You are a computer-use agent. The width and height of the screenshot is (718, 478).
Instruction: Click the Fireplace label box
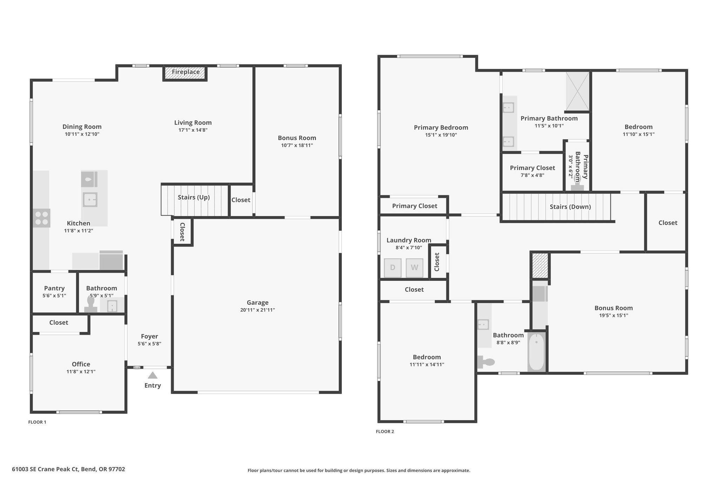click(x=185, y=73)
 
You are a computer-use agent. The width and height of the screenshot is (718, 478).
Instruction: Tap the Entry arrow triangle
click(x=153, y=375)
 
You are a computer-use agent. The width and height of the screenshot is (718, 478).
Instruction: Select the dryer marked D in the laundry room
click(x=393, y=268)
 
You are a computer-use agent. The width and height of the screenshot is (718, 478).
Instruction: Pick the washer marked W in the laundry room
click(x=414, y=268)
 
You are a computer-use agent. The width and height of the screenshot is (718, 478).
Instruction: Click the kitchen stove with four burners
click(x=41, y=218)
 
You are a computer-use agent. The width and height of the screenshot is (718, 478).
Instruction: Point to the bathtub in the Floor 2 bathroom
click(x=536, y=352)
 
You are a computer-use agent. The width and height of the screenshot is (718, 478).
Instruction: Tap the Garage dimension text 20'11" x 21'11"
click(x=258, y=310)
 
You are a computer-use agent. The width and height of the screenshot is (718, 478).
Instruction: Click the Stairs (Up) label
click(x=194, y=198)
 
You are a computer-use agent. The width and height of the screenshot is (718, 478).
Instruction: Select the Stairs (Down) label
click(x=570, y=207)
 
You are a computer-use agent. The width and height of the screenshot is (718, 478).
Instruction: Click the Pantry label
click(x=54, y=288)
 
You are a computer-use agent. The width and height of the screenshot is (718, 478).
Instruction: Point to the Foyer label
click(x=149, y=337)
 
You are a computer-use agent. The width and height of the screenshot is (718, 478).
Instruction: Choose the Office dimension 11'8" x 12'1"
click(x=81, y=372)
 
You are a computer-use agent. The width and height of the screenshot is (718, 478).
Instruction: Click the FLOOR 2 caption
click(x=385, y=431)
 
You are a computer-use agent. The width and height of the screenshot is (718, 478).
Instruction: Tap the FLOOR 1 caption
click(x=37, y=422)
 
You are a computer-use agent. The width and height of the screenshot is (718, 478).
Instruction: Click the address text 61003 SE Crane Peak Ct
click(x=45, y=469)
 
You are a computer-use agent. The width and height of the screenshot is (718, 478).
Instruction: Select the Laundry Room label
click(x=409, y=240)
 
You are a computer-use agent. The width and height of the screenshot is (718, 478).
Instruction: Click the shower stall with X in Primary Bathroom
click(x=578, y=91)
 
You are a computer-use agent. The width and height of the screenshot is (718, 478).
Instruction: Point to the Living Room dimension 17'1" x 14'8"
click(x=193, y=130)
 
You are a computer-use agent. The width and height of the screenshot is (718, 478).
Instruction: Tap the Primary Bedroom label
click(x=441, y=127)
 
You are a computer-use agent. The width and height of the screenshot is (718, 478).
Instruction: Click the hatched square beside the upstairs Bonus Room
click(x=540, y=265)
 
